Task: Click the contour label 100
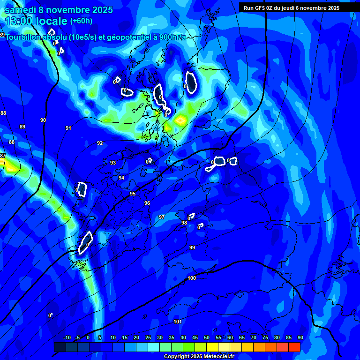(192, 278)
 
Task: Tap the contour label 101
(178, 322)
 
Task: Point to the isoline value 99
(192, 247)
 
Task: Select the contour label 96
(147, 203)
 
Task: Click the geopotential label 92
(100, 143)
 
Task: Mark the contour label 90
(43, 120)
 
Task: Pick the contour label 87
(3, 156)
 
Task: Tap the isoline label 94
(121, 178)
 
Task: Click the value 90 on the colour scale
(300, 338)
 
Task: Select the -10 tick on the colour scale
(67, 338)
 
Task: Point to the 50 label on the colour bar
(207, 338)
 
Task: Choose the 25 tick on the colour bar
(148, 338)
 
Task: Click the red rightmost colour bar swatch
(294, 347)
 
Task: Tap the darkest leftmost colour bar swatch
(60, 347)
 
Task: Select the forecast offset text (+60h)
(81, 21)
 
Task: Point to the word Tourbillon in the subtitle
(24, 37)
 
